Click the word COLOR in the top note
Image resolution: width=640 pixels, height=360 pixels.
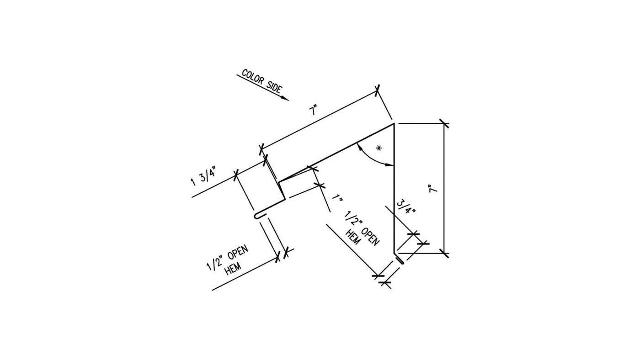coord(252,77)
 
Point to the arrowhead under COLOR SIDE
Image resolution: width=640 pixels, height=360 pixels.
coord(285,98)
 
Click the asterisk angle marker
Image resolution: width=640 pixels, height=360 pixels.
coord(378,149)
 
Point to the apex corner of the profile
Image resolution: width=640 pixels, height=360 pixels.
coord(394,124)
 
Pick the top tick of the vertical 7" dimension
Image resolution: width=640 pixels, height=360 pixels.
coord(443,123)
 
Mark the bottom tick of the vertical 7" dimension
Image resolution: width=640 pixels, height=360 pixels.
coord(443,252)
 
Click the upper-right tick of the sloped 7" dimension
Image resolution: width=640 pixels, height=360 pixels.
coord(378,90)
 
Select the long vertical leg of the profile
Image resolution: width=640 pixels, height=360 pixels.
coord(394,192)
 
